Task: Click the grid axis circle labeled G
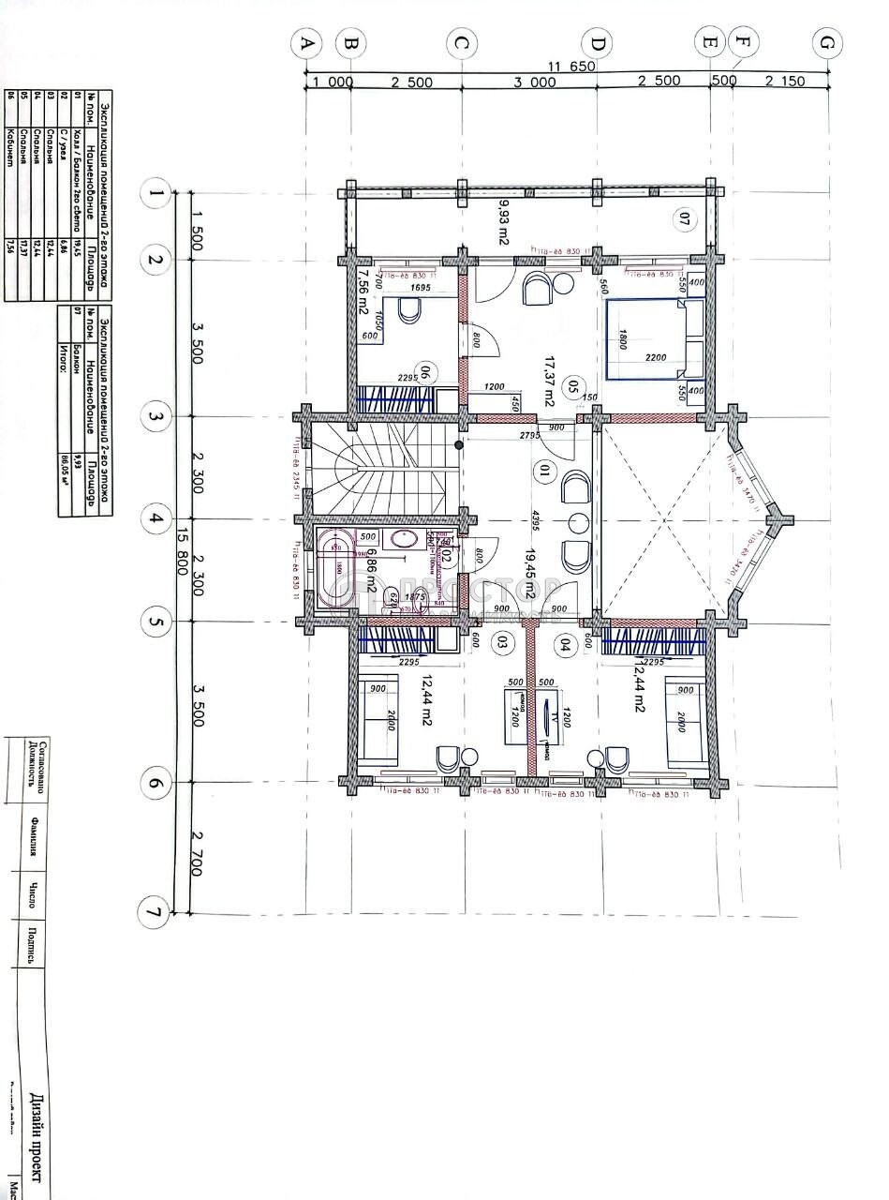coord(826,43)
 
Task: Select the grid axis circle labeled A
coord(305,43)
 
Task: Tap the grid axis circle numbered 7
coord(154,910)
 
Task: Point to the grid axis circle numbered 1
coord(154,195)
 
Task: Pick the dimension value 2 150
coord(785,82)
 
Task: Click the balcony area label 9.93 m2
coord(502,222)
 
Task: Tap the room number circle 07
coord(684,221)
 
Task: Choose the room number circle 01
coord(541,469)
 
